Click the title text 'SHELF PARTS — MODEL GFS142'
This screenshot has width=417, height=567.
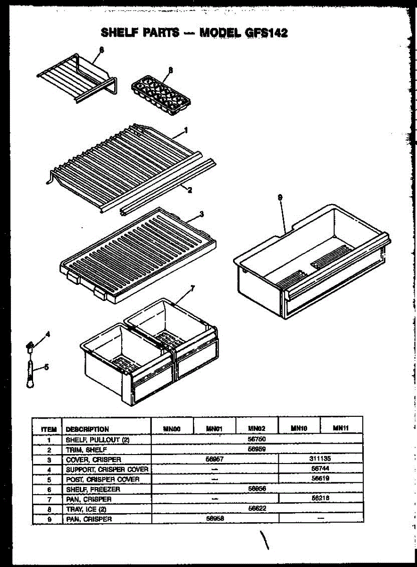pyautogui.click(x=194, y=33)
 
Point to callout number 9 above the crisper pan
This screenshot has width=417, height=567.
pyautogui.click(x=280, y=198)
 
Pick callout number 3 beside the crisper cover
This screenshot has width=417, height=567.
pyautogui.click(x=201, y=214)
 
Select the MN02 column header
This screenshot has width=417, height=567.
pyautogui.click(x=257, y=429)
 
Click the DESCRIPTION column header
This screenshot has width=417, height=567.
pyautogui.click(x=87, y=430)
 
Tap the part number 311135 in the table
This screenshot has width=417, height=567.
pyautogui.click(x=321, y=459)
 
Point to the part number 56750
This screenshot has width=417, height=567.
pyautogui.click(x=257, y=439)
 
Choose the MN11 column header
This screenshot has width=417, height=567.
pyautogui.click(x=341, y=428)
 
